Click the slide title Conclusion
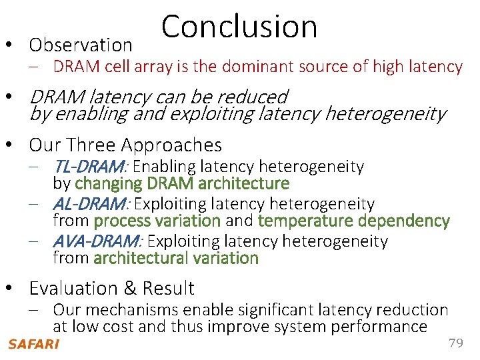239,27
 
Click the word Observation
81,45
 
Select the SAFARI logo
33,344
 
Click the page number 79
456,343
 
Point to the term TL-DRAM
91,166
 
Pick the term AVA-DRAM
95,241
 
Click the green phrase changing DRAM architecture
181,183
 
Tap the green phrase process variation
157,221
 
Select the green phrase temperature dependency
353,221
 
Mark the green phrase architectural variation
176,258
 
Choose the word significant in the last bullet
267,310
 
